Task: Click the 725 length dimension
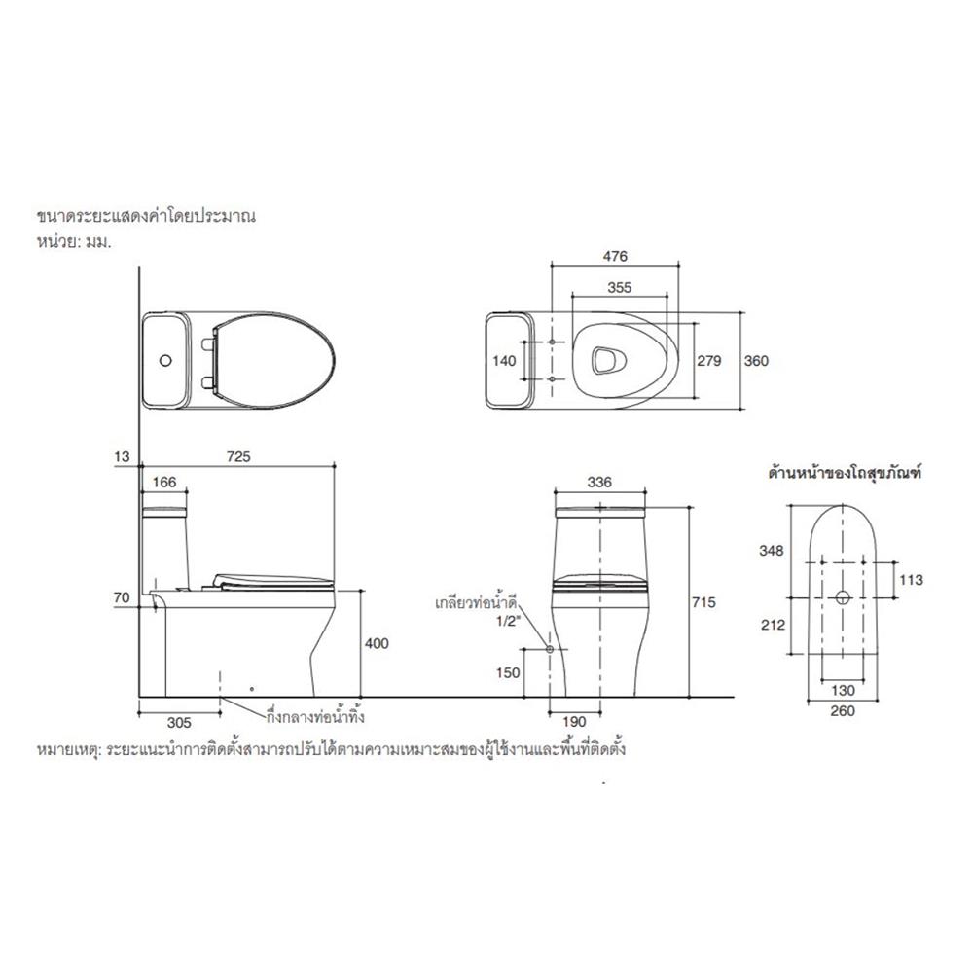tap(239, 456)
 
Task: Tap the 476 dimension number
tap(615, 256)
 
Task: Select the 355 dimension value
tap(619, 287)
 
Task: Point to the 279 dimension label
tap(709, 361)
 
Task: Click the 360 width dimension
tap(756, 361)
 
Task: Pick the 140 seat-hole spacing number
tap(504, 361)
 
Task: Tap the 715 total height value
tap(703, 602)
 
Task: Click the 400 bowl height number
tap(377, 643)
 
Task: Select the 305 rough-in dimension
tap(179, 723)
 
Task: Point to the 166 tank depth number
tap(164, 483)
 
